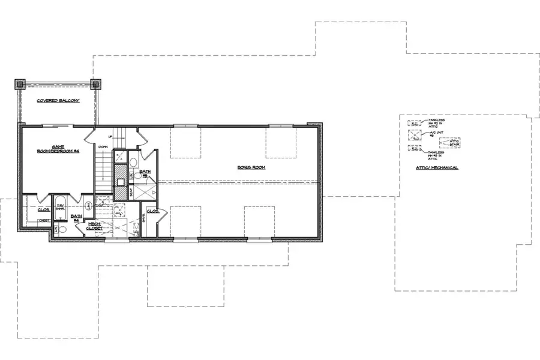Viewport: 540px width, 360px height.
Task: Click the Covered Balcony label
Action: (58, 101)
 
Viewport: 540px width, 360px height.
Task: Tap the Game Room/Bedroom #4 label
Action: (58, 149)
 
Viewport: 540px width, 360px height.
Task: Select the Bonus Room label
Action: (251, 167)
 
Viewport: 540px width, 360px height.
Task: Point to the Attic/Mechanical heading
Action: (437, 167)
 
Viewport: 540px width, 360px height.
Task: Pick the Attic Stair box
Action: (449, 143)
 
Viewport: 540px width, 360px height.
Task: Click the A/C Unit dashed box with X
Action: (415, 135)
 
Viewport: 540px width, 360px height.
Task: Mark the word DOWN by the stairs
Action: (103, 146)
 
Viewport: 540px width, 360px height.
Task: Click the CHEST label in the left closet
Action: (44, 220)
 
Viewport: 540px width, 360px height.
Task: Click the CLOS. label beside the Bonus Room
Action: (152, 212)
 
